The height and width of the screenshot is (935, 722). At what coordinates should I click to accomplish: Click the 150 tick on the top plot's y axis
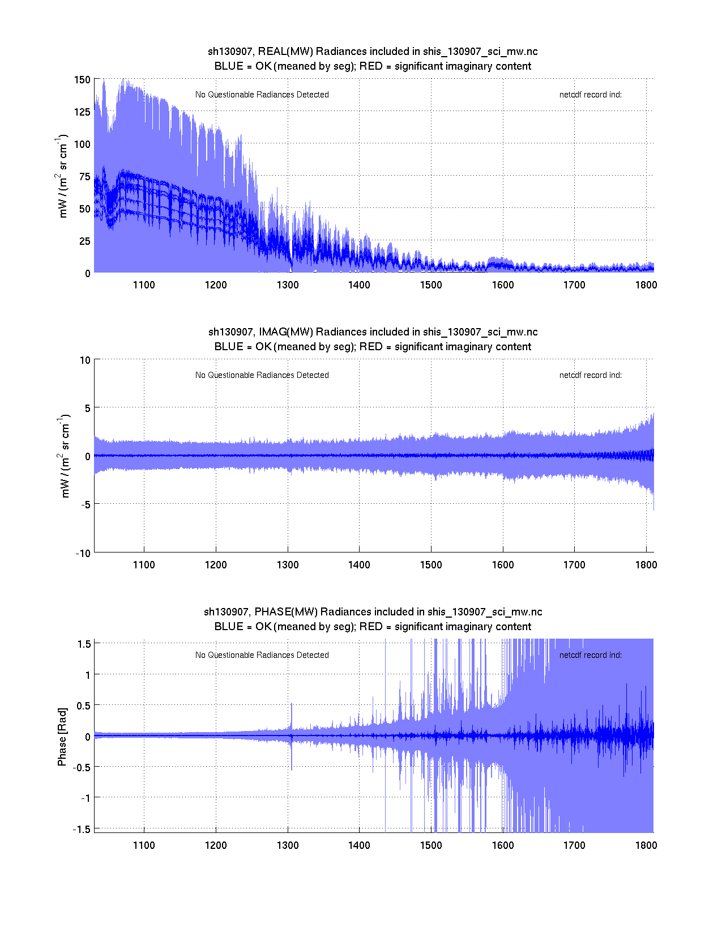coord(82,80)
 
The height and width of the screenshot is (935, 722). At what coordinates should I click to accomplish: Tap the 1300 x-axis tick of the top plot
coord(288,285)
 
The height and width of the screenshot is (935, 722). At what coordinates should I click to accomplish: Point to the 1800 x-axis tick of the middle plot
coord(646,565)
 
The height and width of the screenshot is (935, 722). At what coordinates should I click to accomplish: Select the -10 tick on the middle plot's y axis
coord(83,554)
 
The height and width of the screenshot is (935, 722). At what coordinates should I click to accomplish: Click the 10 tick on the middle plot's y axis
coord(85,360)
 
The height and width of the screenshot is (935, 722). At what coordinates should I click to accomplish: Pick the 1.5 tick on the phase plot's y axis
coord(84,644)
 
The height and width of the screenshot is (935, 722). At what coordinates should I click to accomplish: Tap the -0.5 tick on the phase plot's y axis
coord(82,767)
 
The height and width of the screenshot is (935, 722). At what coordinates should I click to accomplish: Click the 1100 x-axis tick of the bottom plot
coord(144,845)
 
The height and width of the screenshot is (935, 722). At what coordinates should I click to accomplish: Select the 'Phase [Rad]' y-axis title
coord(62,737)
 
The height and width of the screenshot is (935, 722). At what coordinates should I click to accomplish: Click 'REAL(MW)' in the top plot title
coord(285,52)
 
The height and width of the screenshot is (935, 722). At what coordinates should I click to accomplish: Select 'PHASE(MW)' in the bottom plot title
coord(287,612)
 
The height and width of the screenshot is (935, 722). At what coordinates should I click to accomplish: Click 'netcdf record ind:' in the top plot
coord(590,95)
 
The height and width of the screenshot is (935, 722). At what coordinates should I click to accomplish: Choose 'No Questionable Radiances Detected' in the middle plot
coord(262,375)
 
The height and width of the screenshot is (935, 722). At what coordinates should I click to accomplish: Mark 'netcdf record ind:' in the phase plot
coord(590,655)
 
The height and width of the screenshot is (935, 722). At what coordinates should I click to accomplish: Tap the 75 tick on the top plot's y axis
coord(85,177)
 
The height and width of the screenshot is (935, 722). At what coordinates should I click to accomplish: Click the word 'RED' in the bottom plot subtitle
coord(371,627)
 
